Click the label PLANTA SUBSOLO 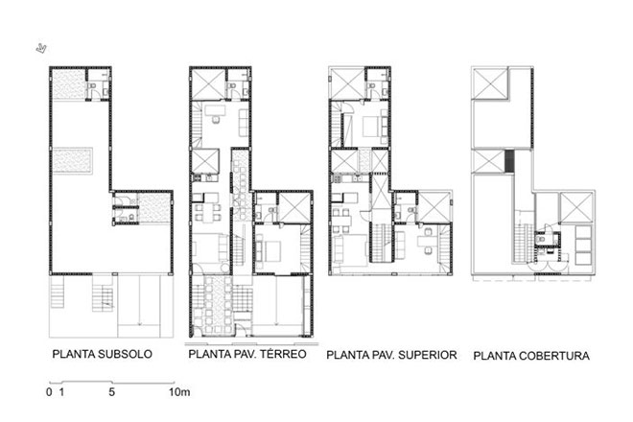(102, 354)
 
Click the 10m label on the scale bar (179, 391)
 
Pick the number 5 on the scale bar (112, 391)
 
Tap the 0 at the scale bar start (49, 391)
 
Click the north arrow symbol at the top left (41, 49)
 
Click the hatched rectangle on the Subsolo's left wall (73, 161)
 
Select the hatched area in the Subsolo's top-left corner (69, 84)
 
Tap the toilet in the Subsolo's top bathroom (92, 86)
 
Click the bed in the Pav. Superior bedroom (371, 127)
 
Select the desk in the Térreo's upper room (215, 110)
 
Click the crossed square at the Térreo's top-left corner (208, 84)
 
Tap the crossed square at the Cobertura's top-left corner (490, 83)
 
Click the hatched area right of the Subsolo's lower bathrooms (153, 207)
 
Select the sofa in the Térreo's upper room (244, 123)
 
